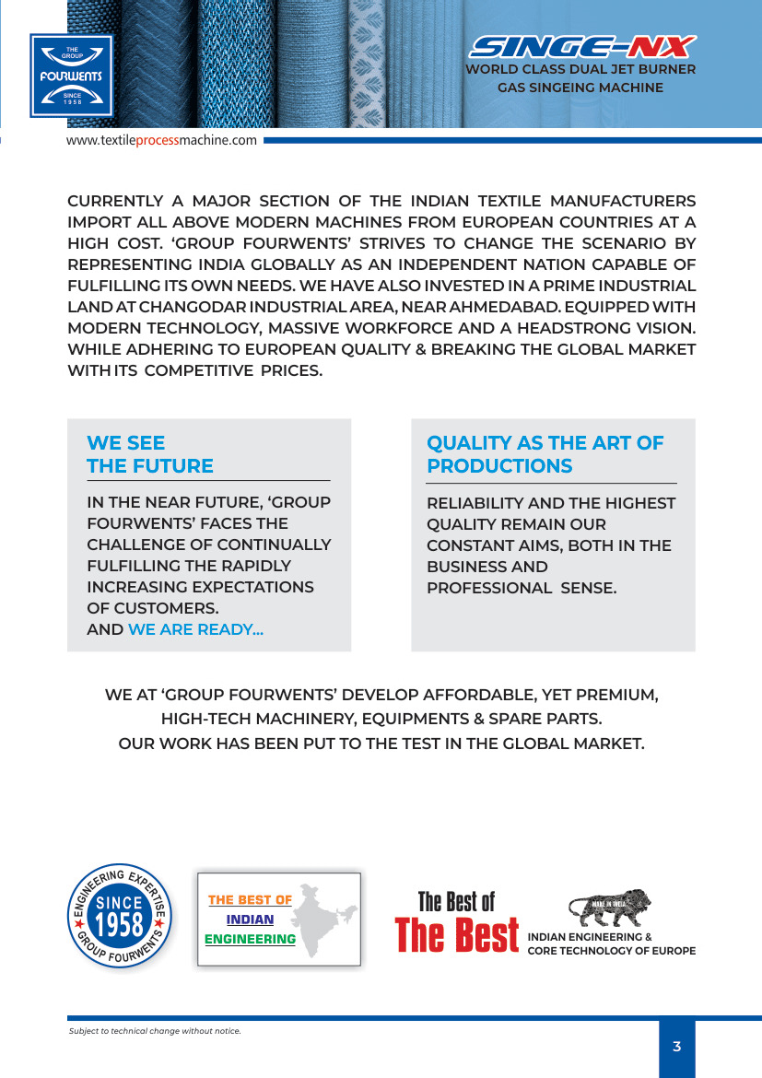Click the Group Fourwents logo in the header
[x=71, y=76]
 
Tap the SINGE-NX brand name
[x=582, y=47]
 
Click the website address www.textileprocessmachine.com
[x=161, y=140]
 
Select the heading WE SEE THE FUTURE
[x=150, y=455]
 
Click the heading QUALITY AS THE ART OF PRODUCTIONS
[x=545, y=455]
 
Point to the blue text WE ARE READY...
[x=195, y=630]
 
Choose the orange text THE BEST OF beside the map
[x=250, y=900]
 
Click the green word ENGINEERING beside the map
[x=250, y=940]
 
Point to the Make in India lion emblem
[x=609, y=908]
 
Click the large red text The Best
[x=457, y=934]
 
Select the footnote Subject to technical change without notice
[x=155, y=1030]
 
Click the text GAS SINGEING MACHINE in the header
[x=580, y=88]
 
